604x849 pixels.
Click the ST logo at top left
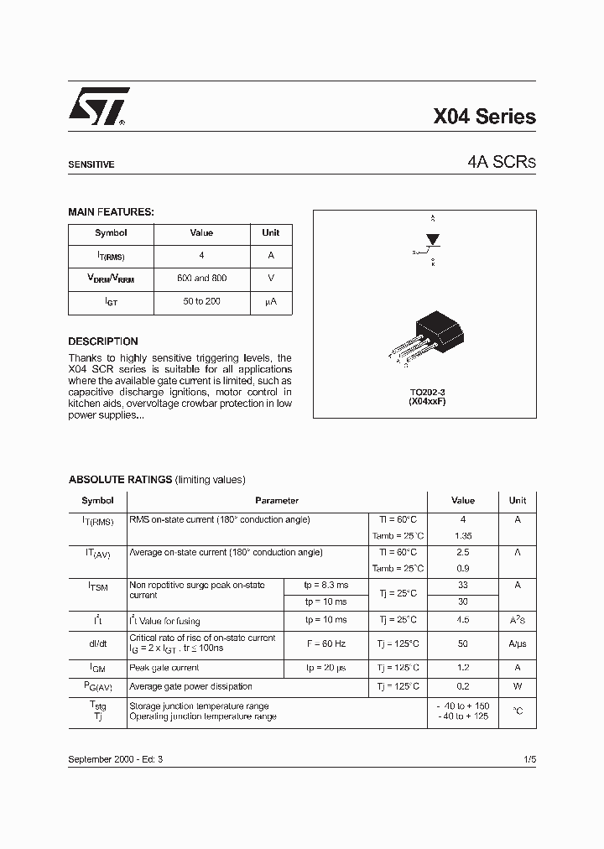pyautogui.click(x=98, y=107)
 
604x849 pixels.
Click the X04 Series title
pyautogui.click(x=484, y=117)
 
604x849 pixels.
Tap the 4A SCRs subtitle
pyautogui.click(x=502, y=163)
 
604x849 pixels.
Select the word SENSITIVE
pyautogui.click(x=91, y=165)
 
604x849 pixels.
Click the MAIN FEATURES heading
pyautogui.click(x=111, y=212)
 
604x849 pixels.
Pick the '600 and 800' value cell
pyautogui.click(x=201, y=278)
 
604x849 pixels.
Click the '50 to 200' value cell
pyautogui.click(x=201, y=301)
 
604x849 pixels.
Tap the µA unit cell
pyautogui.click(x=270, y=301)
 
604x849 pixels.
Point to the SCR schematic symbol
pyautogui.click(x=431, y=244)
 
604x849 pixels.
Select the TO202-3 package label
pyautogui.click(x=427, y=393)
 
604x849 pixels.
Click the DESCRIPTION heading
pyautogui.click(x=102, y=341)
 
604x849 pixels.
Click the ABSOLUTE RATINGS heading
pyautogui.click(x=120, y=480)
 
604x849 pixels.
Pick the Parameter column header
pyautogui.click(x=277, y=501)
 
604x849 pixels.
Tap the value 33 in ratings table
pyautogui.click(x=462, y=586)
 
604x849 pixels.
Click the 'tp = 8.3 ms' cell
pyautogui.click(x=325, y=586)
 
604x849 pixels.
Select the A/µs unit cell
pyautogui.click(x=518, y=643)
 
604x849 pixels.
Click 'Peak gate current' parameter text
pyautogui.click(x=164, y=668)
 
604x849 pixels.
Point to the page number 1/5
pyautogui.click(x=528, y=758)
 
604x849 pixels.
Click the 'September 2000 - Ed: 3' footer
pyautogui.click(x=116, y=758)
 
